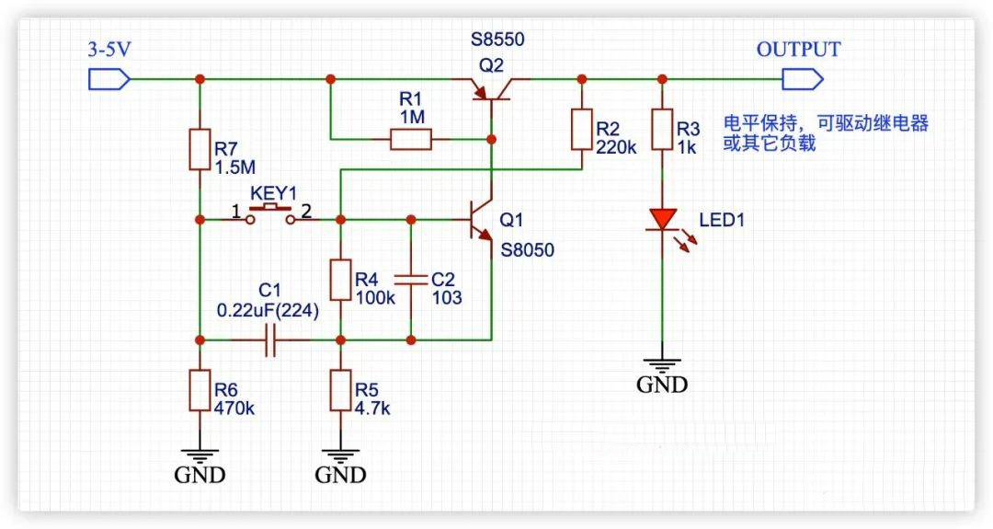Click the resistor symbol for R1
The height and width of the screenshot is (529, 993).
[410, 140]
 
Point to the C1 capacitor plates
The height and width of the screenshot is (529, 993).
[269, 339]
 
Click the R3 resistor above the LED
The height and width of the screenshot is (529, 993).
[662, 129]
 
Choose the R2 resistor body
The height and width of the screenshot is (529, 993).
[581, 129]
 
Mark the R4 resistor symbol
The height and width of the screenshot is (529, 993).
[340, 280]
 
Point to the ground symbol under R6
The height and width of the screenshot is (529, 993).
[200, 454]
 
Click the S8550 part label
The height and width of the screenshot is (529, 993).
[503, 40]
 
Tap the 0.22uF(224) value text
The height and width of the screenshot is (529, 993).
[268, 311]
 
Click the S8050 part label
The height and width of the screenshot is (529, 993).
[528, 249]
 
